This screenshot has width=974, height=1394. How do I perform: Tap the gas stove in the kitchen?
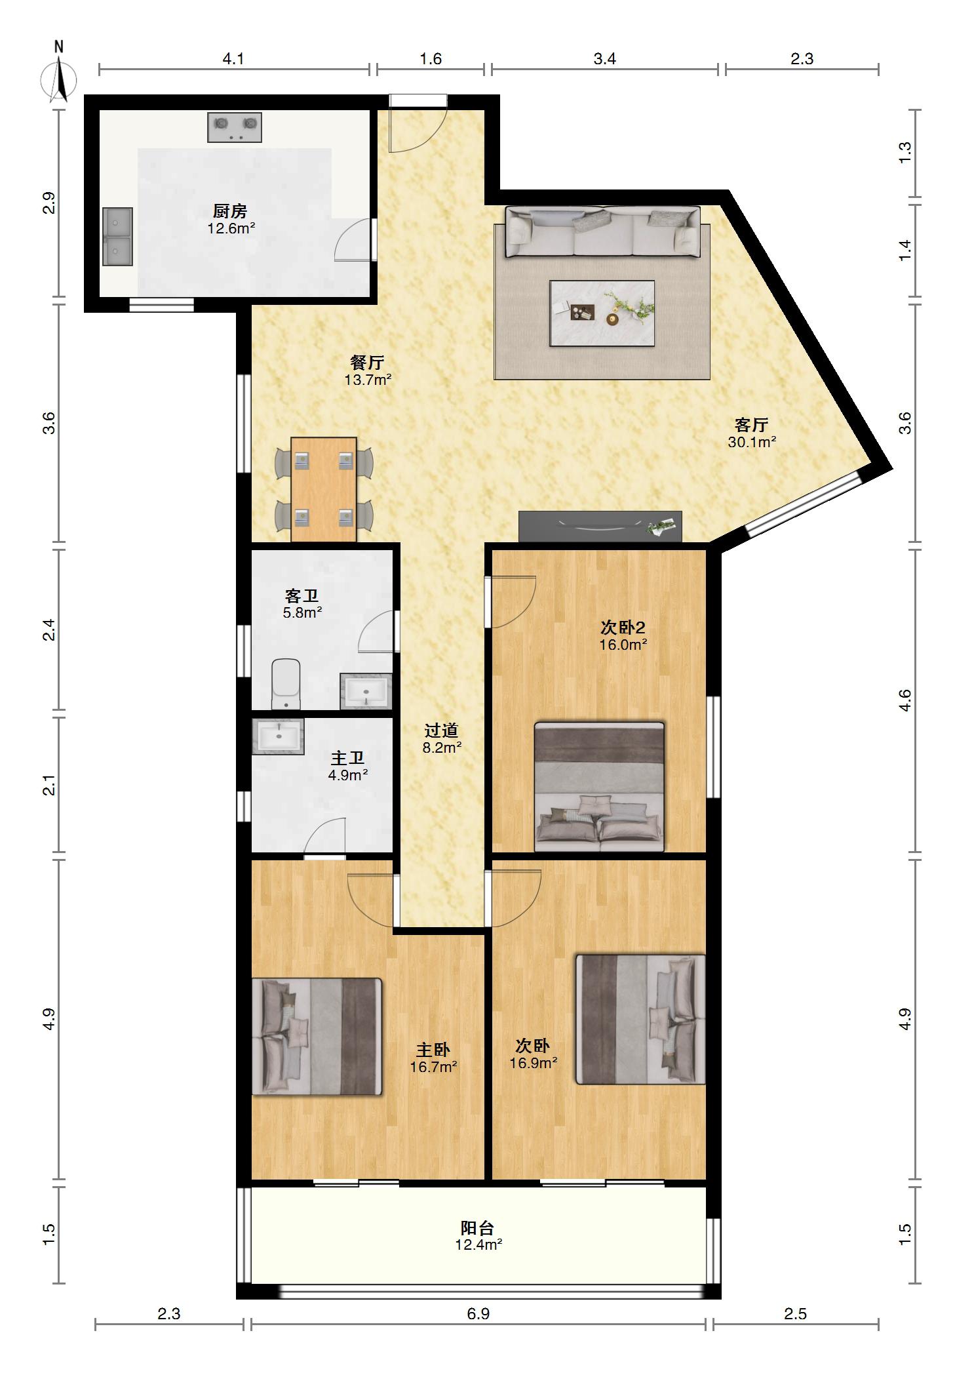[235, 127]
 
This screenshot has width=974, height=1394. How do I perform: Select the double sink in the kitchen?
[118, 237]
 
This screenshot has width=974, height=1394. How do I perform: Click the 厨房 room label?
[230, 212]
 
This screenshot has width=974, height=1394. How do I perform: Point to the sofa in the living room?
[602, 232]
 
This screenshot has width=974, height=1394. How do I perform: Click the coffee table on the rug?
[602, 313]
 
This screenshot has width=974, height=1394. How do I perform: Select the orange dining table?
[324, 489]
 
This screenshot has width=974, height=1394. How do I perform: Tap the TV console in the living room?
[600, 527]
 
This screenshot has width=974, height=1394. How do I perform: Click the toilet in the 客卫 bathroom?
[286, 684]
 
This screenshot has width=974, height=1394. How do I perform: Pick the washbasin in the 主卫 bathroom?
[279, 736]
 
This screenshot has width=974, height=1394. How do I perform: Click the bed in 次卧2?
[599, 787]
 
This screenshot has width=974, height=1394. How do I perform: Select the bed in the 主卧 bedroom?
[317, 1036]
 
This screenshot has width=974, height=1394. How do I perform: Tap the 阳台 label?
[478, 1227]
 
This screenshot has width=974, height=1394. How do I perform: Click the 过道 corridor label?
[442, 730]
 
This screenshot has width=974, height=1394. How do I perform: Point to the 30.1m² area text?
[752, 442]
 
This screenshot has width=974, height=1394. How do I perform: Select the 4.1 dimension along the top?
[233, 59]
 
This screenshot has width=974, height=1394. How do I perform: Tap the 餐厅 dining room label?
[368, 363]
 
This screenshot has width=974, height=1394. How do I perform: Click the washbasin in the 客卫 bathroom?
[366, 691]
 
